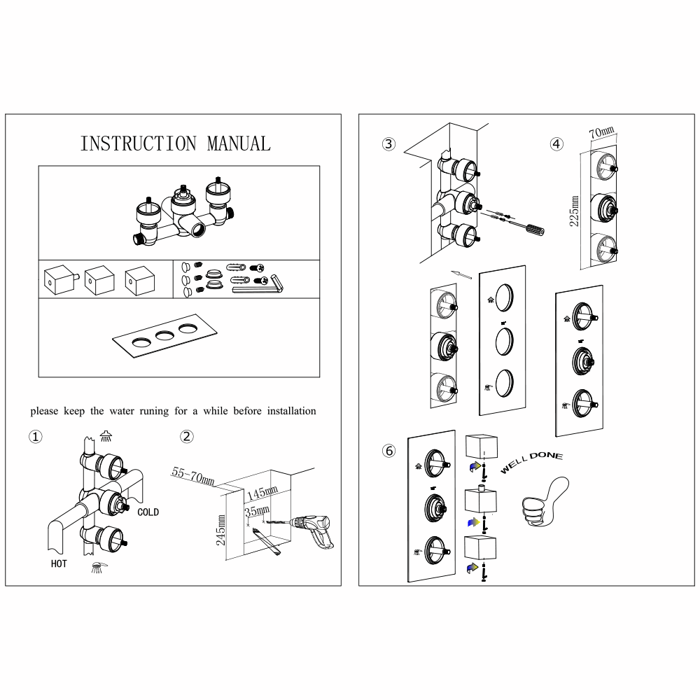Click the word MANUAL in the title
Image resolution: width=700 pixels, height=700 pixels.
tap(238, 143)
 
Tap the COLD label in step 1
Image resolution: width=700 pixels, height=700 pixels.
tap(148, 512)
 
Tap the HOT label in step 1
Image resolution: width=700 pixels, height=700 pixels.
tap(59, 563)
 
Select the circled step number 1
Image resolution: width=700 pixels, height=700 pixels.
tap(35, 437)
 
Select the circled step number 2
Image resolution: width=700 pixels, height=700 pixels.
tap(187, 437)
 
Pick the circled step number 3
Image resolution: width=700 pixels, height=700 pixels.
tap(389, 144)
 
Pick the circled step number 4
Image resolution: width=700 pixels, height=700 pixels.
tap(556, 144)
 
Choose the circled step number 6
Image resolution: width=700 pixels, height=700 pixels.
tap(389, 450)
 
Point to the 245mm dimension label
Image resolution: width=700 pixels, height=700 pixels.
tap(221, 530)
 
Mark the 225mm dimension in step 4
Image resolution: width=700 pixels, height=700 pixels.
tap(574, 211)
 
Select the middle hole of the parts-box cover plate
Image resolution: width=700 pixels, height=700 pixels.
tap(165, 335)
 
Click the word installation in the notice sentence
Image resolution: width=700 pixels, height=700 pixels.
tap(288, 411)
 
